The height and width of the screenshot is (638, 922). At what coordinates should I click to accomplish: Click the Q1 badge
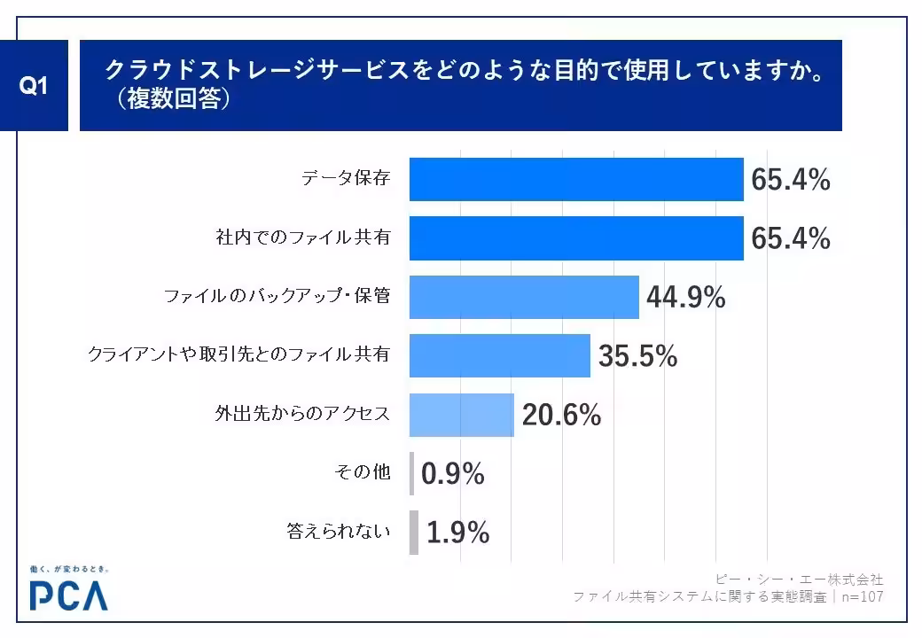[x=33, y=86]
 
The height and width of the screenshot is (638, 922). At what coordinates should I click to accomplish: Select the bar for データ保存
[x=575, y=180]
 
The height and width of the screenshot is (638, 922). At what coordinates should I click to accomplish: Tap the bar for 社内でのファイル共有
[x=575, y=238]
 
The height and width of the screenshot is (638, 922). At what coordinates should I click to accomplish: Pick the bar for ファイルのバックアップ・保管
[x=524, y=297]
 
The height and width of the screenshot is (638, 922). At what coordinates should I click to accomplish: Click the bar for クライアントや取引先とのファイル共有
[x=499, y=355]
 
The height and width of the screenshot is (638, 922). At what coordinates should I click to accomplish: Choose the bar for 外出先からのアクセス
[x=461, y=415]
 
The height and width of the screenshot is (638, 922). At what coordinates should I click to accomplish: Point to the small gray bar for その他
[x=411, y=473]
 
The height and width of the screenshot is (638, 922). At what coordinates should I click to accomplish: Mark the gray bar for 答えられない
[x=414, y=533]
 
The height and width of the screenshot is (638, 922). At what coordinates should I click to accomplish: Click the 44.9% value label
[x=685, y=298]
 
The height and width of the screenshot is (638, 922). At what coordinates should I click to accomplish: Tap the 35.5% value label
[x=637, y=356]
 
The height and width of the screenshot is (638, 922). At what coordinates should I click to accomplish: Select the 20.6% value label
[x=561, y=415]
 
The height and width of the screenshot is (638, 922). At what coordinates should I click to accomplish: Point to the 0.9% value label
[x=452, y=474]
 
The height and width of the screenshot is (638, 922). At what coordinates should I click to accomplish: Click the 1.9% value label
[x=457, y=533]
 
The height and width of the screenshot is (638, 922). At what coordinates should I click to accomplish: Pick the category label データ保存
[x=346, y=180]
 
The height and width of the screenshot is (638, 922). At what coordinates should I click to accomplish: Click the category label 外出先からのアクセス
[x=302, y=414]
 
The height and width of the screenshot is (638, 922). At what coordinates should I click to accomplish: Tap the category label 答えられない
[x=339, y=532]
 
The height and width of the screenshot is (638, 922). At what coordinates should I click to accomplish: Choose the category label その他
[x=362, y=473]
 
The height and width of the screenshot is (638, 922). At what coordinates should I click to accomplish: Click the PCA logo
[x=68, y=595]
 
